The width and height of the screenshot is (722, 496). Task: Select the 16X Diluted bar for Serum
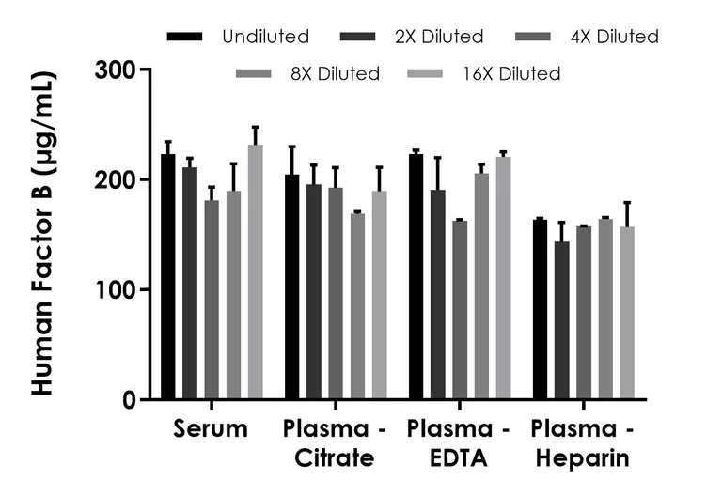255,272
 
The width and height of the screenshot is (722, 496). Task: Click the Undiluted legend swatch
184,37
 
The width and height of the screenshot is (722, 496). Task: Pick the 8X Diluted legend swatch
254,72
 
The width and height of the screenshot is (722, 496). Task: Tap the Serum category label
211,430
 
